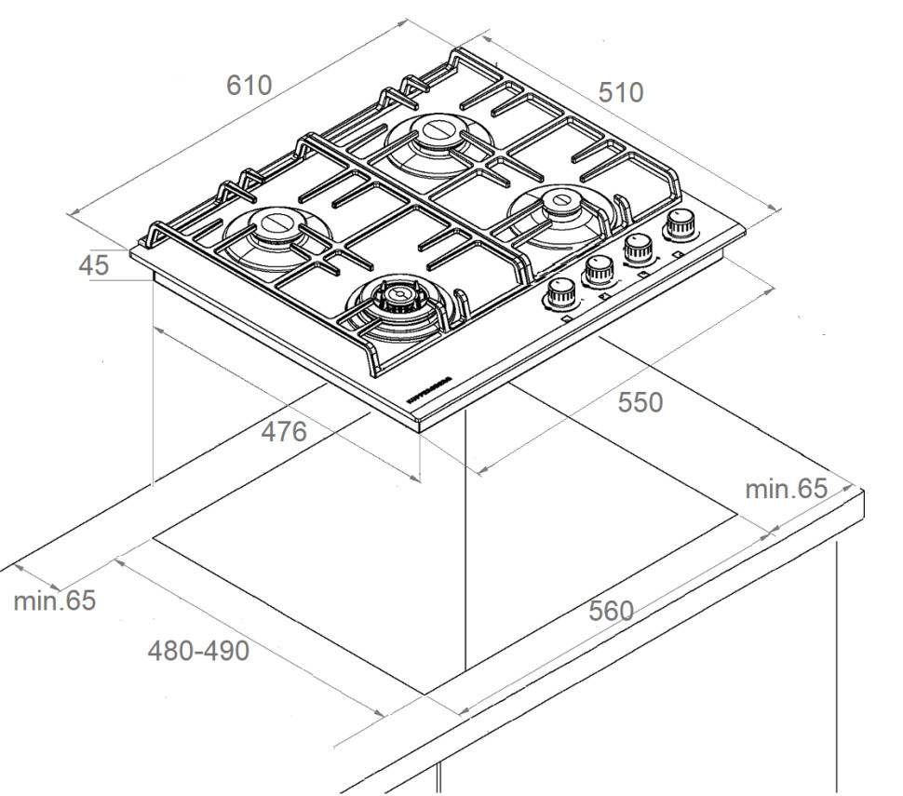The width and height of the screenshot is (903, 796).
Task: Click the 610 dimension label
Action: pos(249,85)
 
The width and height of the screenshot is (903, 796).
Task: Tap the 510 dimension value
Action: pos(620,92)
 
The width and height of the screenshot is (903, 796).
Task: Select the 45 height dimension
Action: pos(93,265)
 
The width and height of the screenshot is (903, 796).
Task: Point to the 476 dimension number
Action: pos(283,432)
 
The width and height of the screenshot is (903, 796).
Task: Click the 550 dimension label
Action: pos(640,402)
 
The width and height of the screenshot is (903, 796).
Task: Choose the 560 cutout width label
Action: pos(610,612)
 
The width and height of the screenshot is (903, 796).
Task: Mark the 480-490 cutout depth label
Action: pos(198,651)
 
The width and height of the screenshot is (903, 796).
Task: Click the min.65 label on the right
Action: pos(786,489)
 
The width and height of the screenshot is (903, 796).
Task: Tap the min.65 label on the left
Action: pos(54,600)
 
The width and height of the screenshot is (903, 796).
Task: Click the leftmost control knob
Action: pos(559,292)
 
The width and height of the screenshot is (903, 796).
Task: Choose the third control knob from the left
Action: pos(638,247)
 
